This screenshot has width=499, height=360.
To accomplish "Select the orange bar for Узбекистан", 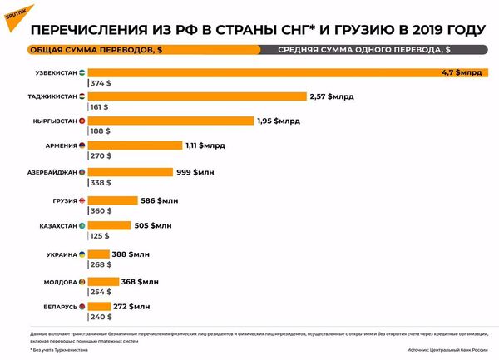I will click(283, 72).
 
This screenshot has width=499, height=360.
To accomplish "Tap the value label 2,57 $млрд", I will click(331, 96).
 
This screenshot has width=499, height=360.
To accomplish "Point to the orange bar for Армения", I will click(134, 145).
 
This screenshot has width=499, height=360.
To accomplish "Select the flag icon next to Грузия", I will click(82, 201).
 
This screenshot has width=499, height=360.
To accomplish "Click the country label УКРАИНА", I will click(61, 254).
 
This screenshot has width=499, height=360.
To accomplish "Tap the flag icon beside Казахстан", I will click(82, 226).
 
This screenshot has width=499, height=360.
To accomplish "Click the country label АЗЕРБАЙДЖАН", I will click(52, 172).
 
